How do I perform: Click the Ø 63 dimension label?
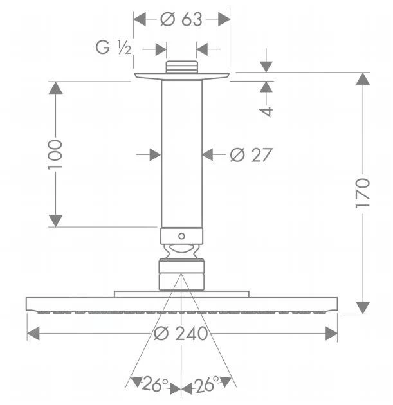181,19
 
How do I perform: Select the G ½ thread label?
113,48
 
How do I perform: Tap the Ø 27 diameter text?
251,155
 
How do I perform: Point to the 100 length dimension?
55,154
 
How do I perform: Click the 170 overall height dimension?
363,193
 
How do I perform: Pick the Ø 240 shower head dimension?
181,333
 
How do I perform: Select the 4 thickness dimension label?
266,112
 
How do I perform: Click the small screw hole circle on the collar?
181,236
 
